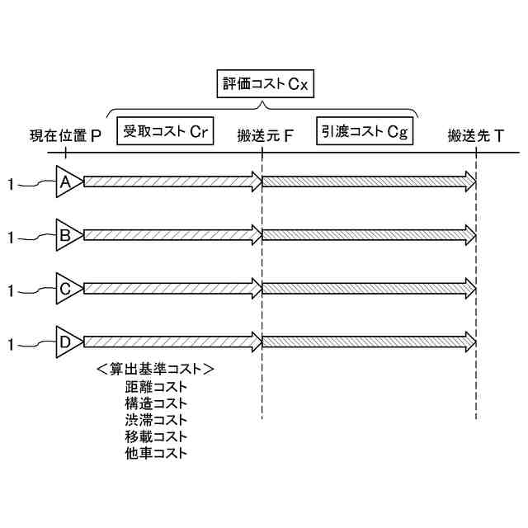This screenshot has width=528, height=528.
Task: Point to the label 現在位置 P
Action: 65,136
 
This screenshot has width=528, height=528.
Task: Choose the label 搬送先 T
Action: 477,136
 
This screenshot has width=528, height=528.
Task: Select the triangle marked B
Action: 68,235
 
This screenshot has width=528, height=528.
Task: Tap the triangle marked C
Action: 68,288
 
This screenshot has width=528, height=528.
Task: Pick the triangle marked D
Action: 68,341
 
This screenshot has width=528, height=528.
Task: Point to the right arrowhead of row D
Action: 470,341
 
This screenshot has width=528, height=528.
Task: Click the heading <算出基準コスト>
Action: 155,368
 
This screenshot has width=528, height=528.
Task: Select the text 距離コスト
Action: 157,386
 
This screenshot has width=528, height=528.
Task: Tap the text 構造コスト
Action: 157,403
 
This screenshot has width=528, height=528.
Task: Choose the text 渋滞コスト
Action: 157,419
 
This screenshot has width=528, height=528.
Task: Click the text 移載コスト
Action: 157,436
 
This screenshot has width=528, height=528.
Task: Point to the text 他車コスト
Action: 157,452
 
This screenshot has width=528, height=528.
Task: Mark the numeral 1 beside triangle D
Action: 10,343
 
